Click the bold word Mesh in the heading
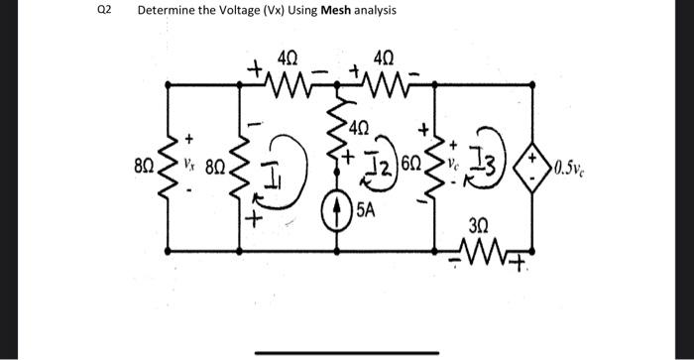tap(335, 10)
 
